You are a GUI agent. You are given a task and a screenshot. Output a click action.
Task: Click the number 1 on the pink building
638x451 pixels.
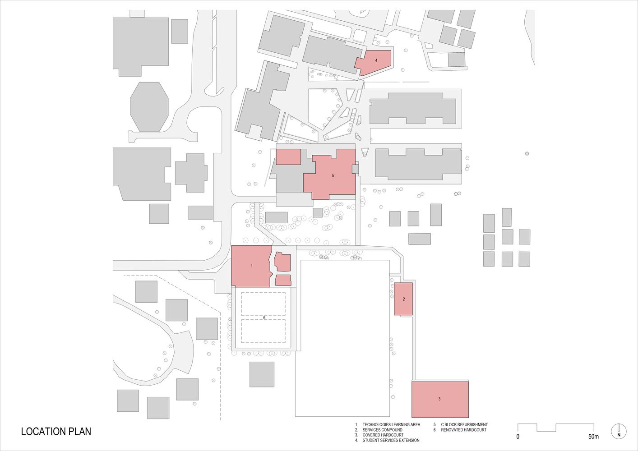[x=251, y=266]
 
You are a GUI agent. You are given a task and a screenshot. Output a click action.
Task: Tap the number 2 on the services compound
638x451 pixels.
[x=403, y=299]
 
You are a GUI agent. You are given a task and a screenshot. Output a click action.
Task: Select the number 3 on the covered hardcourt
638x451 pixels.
[x=439, y=399]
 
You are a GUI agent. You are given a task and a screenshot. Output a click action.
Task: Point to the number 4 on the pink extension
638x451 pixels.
[x=376, y=60]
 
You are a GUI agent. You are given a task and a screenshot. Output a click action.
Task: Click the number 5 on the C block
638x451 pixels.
[x=333, y=176]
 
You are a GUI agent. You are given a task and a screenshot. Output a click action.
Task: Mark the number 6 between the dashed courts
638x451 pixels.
[x=264, y=318]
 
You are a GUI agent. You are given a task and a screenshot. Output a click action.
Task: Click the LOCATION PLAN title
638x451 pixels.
[x=56, y=431]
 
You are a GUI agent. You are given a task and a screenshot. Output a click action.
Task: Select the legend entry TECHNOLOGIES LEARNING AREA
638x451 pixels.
[x=391, y=424]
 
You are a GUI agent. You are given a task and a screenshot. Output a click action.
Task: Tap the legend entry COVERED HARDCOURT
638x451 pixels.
[x=383, y=435]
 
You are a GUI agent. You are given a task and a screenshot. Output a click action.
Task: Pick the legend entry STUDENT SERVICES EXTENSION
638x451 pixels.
[x=391, y=440]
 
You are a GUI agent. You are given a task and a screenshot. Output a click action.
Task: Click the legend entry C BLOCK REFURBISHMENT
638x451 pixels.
[x=464, y=424]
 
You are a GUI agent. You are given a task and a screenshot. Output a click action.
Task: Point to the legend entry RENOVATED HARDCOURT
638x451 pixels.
[x=464, y=430]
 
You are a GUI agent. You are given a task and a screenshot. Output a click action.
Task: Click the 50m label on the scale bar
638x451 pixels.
[x=594, y=437]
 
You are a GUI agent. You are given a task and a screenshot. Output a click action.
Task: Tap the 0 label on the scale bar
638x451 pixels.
[x=518, y=437]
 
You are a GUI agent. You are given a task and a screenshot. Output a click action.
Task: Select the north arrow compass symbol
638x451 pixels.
[x=619, y=431]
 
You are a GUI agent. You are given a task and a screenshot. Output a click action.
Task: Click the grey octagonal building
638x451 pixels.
[x=149, y=107]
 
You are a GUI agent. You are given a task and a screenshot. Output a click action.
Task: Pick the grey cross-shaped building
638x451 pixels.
[x=191, y=173]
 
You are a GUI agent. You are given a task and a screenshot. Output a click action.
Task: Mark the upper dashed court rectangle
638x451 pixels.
[x=264, y=304]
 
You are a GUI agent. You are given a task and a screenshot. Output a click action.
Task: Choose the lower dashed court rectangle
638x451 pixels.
[x=264, y=331]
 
